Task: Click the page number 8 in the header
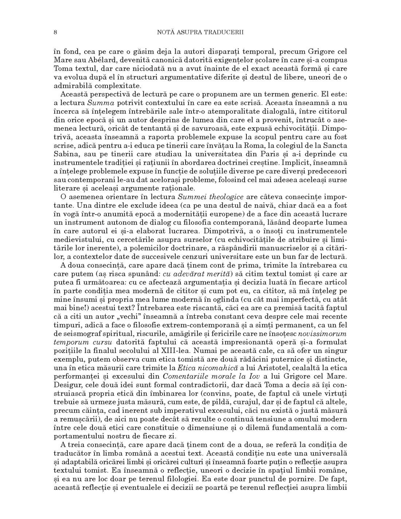[x=55, y=32]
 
